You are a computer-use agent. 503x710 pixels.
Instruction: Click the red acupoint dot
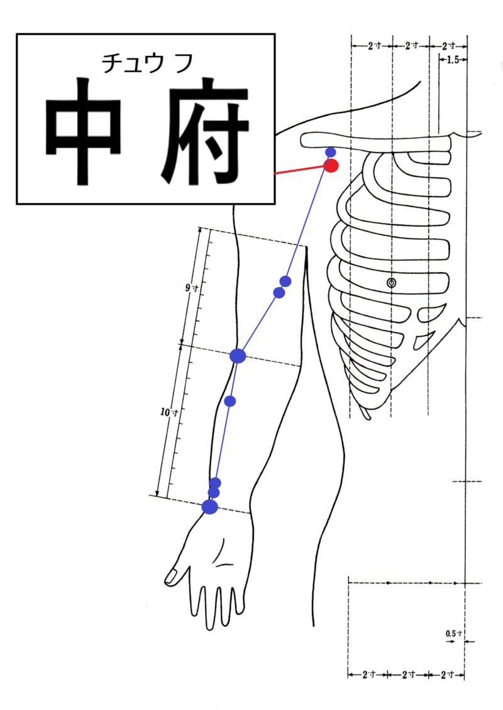[332, 166]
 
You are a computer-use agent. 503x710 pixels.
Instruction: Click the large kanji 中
[84, 131]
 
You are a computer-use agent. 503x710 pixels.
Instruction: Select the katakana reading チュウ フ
[148, 63]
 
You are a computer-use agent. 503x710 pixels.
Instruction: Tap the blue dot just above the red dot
[331, 152]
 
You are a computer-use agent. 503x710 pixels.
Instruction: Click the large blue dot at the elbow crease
[238, 356]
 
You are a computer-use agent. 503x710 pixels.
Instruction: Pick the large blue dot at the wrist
[210, 506]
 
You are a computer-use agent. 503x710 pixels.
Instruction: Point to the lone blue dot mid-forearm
[229, 401]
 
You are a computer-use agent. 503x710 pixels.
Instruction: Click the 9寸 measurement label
[191, 288]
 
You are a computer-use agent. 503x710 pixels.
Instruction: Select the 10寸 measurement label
[169, 412]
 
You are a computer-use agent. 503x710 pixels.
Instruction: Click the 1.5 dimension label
[453, 60]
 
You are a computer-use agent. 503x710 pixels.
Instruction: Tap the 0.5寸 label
[453, 633]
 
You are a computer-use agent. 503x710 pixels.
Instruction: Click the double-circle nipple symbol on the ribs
[392, 283]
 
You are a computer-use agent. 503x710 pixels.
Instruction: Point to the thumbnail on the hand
[171, 576]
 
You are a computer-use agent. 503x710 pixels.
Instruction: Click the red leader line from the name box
[301, 170]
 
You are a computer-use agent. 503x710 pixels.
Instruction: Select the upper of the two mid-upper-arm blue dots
[285, 281]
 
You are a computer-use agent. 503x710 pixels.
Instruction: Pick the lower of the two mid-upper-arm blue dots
[279, 293]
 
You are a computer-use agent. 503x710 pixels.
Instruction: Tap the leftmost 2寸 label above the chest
[374, 46]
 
